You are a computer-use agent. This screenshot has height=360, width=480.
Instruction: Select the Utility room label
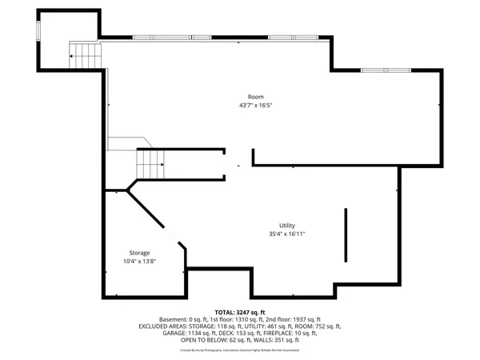click(287, 226)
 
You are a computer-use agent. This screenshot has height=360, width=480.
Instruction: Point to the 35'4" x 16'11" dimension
click(287, 234)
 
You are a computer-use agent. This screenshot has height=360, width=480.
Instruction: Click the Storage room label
click(140, 253)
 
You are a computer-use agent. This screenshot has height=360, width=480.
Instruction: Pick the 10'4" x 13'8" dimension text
click(140, 262)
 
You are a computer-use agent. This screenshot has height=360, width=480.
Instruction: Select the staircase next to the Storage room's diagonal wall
click(150, 166)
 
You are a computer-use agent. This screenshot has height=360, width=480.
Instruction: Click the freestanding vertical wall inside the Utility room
click(346, 234)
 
